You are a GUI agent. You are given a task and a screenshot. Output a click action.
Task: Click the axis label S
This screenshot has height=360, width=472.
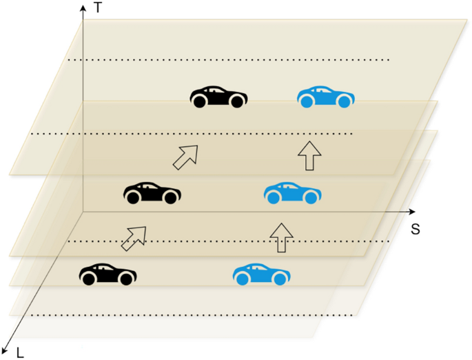pos(415,228)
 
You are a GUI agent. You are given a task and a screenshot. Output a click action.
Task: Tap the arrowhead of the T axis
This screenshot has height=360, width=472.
pos(83,7)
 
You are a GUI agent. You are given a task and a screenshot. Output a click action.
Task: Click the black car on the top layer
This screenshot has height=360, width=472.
pos(219,97)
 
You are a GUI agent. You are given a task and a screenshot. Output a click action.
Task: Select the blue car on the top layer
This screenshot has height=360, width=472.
pos(326,97)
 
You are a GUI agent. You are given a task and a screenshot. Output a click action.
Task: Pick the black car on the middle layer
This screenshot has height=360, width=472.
pos(152,193)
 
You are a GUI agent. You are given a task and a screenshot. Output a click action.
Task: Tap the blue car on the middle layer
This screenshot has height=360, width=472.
pos(292,193)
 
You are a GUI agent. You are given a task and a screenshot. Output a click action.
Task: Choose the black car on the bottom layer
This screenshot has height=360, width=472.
pos(107,274)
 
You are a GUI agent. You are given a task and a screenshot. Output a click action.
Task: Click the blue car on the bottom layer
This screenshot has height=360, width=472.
pos(262,274)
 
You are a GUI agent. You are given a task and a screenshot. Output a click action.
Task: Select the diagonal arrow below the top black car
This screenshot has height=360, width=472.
pos(185,157)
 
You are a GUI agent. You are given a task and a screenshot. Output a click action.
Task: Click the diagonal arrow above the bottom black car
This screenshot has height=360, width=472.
pos(134,237)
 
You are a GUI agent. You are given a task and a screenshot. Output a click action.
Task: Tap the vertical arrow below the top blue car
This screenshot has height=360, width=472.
pos(309,156)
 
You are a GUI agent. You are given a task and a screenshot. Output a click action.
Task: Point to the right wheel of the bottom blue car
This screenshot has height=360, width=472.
pos(280,279)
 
